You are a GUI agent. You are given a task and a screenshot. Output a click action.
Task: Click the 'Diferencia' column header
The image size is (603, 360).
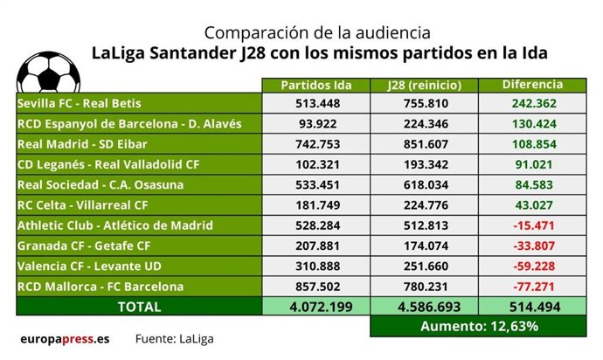pyautogui.click(x=532, y=85)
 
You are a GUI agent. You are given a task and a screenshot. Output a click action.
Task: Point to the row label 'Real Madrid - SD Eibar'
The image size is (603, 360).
pyautogui.click(x=80, y=144)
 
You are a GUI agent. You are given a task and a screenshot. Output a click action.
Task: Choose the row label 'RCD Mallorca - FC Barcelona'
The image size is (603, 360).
pyautogui.click(x=100, y=286)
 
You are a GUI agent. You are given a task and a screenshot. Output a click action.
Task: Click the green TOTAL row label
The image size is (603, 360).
pyautogui.click(x=138, y=307)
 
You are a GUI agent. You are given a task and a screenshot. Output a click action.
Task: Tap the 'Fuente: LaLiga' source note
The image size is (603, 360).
pyautogui.click(x=173, y=338)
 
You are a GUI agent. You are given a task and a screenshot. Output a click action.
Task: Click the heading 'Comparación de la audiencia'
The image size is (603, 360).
pyautogui.click(x=317, y=32)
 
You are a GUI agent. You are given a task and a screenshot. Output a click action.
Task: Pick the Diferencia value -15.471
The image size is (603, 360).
pyautogui.click(x=533, y=225)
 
